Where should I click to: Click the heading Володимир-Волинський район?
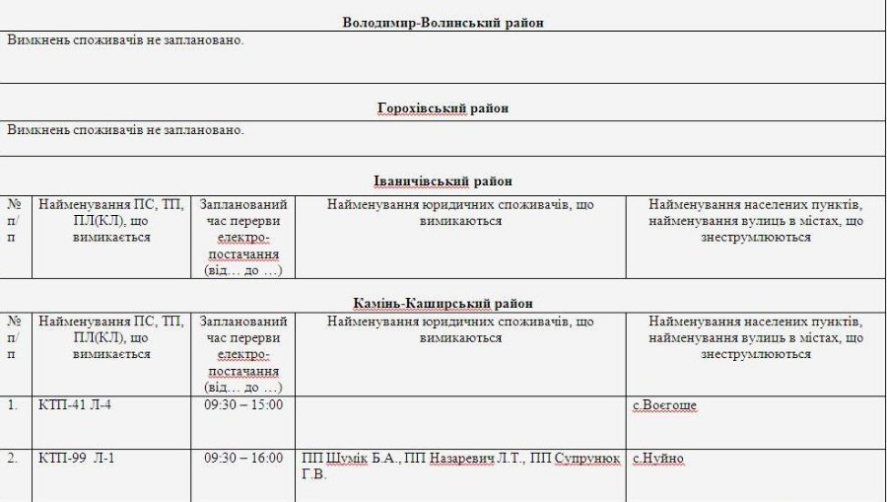(x=443, y=22)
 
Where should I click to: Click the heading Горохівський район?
(x=443, y=108)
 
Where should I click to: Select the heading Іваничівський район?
(x=443, y=181)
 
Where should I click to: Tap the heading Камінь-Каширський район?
(x=443, y=304)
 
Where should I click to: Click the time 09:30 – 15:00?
(x=243, y=405)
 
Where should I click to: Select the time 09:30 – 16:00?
(x=243, y=459)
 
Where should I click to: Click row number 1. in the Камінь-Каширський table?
(x=13, y=405)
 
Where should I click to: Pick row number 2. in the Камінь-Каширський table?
(x=13, y=459)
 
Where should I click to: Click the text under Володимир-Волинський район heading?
(x=125, y=40)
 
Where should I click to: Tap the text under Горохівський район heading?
(x=125, y=129)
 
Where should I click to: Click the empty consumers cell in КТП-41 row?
(x=460, y=419)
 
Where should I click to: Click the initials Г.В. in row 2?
(x=313, y=474)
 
